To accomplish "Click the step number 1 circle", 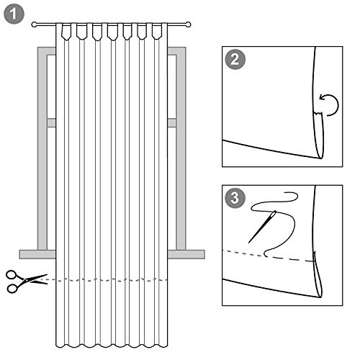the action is click(14, 14).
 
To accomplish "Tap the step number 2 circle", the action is click(235, 59).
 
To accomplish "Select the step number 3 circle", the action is click(235, 198).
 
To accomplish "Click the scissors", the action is click(27, 282).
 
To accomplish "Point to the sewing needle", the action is click(262, 227).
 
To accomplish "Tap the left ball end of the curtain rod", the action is click(35, 24).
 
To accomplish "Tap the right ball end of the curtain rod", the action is click(189, 24).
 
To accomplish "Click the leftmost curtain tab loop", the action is click(66, 31).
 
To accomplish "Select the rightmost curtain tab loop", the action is click(157, 31).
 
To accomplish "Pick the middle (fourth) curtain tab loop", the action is click(112, 32).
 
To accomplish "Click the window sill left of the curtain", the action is click(37, 254).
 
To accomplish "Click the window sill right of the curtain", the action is click(186, 254).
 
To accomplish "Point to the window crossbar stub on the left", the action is click(51, 122).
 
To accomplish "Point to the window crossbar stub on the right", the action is click(172, 122).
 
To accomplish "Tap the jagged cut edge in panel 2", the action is click(318, 113).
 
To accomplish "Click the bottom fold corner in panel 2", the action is click(321, 158).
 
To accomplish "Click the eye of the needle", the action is click(274, 214).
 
